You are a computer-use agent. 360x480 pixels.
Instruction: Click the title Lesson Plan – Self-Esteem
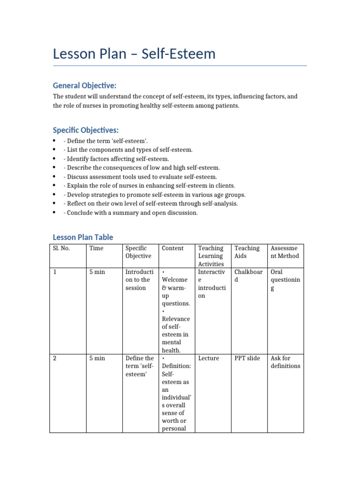click(x=134, y=54)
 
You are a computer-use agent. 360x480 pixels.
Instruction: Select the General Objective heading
click(x=84, y=85)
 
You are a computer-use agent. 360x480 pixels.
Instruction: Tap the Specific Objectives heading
click(x=86, y=130)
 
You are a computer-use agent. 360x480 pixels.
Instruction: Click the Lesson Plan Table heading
click(x=82, y=237)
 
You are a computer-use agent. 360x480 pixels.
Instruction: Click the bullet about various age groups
click(x=154, y=195)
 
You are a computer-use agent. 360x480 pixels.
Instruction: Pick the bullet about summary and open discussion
click(x=130, y=212)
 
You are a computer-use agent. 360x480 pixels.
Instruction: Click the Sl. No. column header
click(x=61, y=248)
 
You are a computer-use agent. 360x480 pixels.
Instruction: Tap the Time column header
click(x=96, y=248)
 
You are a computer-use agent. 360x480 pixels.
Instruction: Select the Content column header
click(x=172, y=248)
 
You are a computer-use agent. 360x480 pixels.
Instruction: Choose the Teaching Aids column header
click(x=247, y=252)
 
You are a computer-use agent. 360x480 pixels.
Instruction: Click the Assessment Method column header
click(x=285, y=252)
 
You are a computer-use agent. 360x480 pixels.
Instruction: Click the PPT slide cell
click(x=247, y=358)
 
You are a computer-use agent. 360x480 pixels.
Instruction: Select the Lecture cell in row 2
click(x=209, y=358)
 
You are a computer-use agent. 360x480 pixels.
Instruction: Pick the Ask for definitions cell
click(x=285, y=362)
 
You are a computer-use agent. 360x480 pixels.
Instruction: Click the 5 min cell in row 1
click(x=97, y=272)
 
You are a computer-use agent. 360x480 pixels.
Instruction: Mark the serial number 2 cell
click(x=55, y=358)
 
